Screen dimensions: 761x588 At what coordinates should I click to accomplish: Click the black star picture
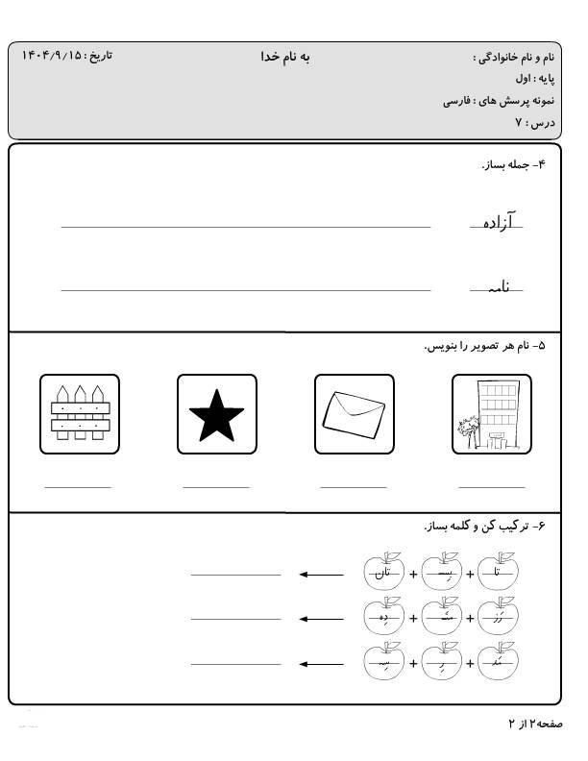click(217, 414)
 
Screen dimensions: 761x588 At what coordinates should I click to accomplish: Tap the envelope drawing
click(354, 414)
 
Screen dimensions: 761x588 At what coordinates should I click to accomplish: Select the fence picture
click(81, 414)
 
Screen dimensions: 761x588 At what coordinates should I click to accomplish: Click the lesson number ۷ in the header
click(518, 122)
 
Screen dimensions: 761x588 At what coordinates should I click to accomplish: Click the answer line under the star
click(216, 487)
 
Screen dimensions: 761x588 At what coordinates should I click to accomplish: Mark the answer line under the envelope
click(353, 487)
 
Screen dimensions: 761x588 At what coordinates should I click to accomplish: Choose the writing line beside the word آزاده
click(245, 228)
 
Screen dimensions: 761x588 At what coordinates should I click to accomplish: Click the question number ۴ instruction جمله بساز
click(513, 164)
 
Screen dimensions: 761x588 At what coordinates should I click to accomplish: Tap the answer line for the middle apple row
click(235, 619)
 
